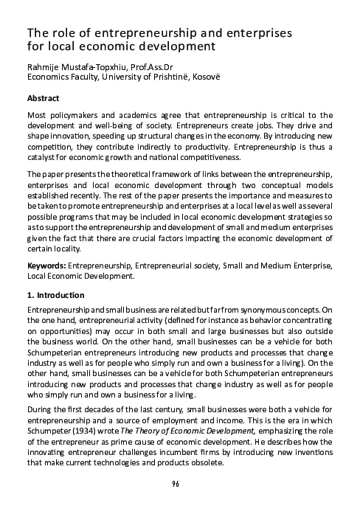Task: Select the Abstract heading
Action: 43,97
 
